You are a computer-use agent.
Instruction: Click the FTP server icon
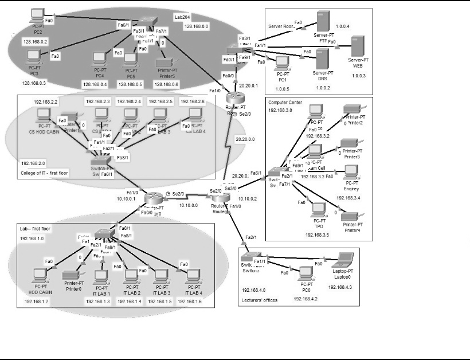coord(323,21)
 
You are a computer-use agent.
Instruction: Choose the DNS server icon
coord(322,58)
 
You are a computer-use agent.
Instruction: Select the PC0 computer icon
coord(305,271)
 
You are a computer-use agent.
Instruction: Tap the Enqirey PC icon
coord(350,171)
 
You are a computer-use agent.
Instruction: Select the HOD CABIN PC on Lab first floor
coord(40,274)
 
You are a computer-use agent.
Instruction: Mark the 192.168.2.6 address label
coord(191,101)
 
